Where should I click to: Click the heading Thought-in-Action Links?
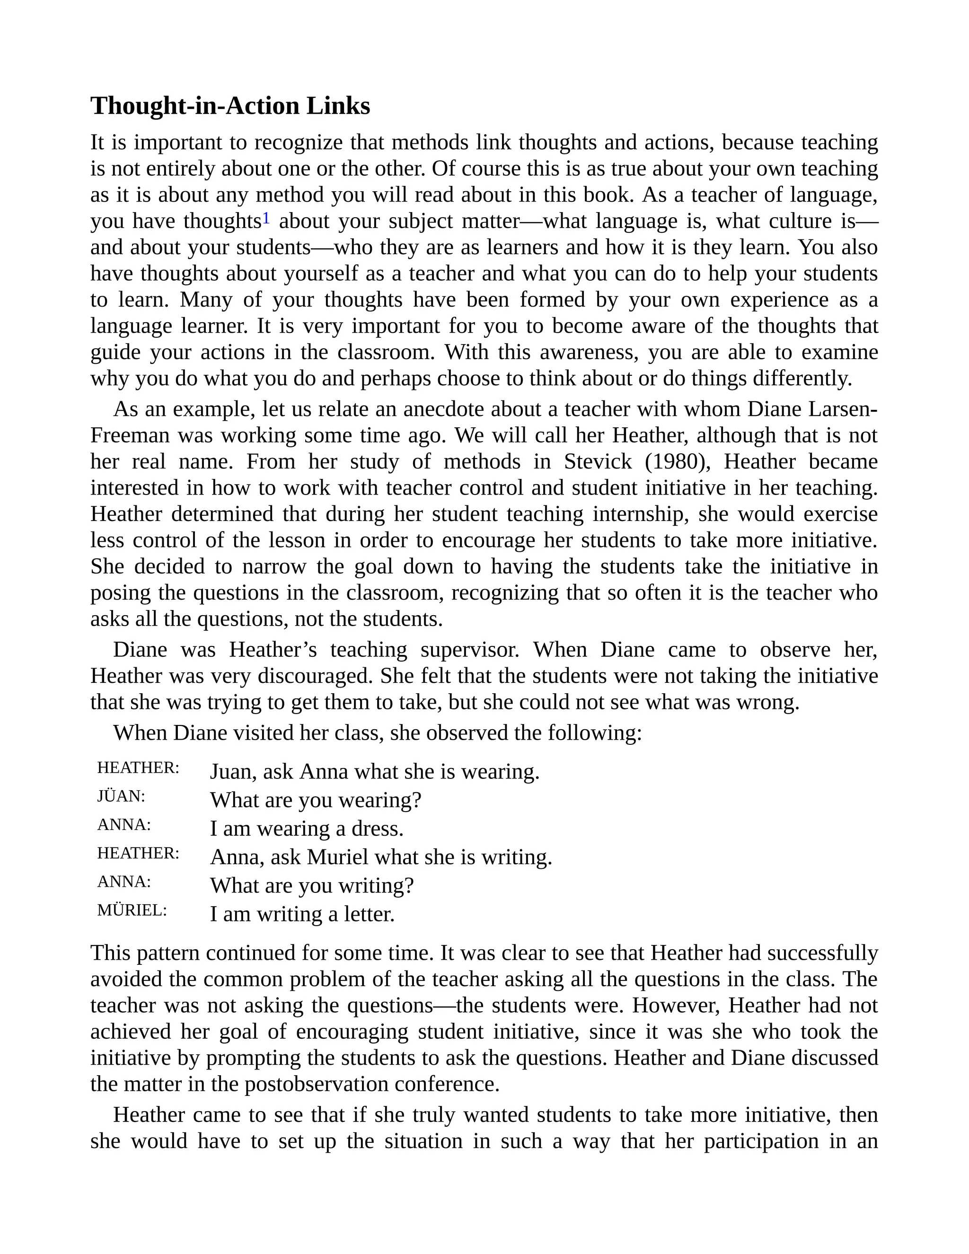click(x=230, y=106)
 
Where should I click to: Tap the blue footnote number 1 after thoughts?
click(x=266, y=218)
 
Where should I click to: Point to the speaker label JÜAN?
click(x=121, y=796)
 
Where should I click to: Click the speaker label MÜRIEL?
click(x=132, y=910)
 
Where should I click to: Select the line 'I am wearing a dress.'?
click(x=307, y=829)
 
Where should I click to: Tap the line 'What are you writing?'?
click(x=312, y=885)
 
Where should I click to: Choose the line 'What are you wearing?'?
click(x=316, y=800)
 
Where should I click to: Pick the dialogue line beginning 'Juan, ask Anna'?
click(x=374, y=772)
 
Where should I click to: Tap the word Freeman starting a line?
click(x=130, y=435)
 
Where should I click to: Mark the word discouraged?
click(x=316, y=676)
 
